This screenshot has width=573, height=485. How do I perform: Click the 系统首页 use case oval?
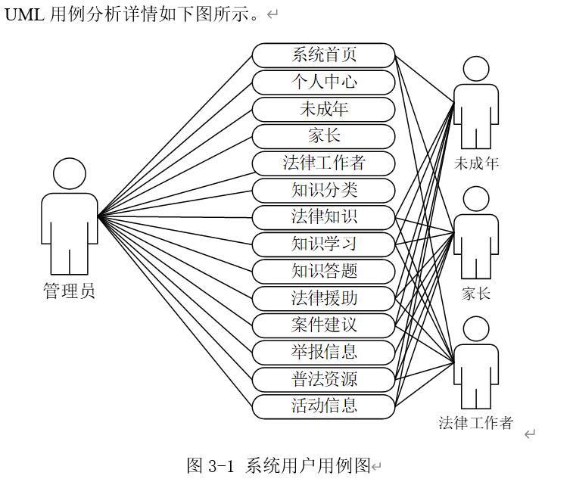[323, 55]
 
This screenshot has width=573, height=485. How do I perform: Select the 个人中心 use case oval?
[323, 82]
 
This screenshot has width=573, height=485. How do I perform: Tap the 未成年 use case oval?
[323, 109]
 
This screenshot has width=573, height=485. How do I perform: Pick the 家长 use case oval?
[323, 136]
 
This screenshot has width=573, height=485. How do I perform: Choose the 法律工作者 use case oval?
[323, 163]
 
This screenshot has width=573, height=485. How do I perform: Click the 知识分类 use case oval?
[323, 190]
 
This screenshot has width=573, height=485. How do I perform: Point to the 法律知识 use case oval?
[323, 217]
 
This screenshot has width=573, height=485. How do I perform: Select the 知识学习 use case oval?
[323, 244]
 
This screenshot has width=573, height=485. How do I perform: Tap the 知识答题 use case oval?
[323, 271]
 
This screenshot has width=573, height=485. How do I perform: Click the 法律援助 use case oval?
[323, 298]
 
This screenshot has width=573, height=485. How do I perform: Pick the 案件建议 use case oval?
[323, 325]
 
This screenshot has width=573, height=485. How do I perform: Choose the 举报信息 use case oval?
[323, 352]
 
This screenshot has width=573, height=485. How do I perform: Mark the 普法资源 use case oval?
[323, 379]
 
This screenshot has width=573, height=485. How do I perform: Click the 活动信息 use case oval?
[323, 406]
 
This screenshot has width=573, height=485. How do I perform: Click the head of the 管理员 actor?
[70, 173]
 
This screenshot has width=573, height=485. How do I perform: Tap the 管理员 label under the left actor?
[69, 291]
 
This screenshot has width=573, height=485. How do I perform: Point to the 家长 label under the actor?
[476, 293]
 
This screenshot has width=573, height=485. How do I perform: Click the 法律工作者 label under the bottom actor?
[476, 422]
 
